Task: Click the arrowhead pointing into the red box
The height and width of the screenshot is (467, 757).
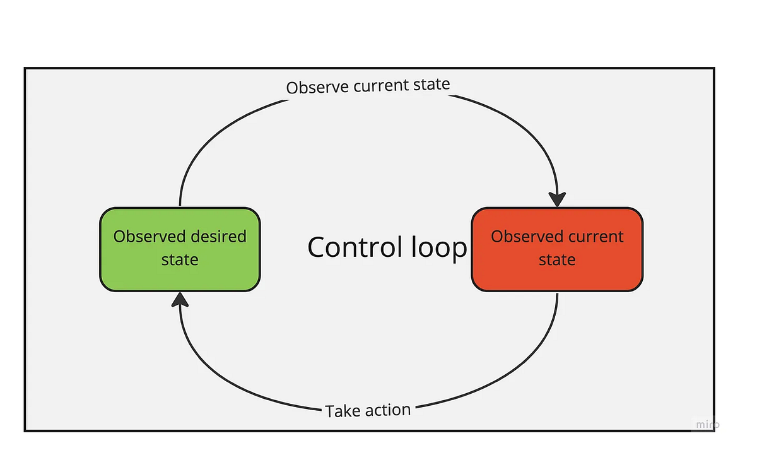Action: tap(558, 198)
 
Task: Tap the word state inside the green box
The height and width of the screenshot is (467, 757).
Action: tap(180, 260)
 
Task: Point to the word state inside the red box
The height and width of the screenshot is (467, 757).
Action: tap(557, 260)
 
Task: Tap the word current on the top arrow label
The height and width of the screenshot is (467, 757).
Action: tap(381, 85)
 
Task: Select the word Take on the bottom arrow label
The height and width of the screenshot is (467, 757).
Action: tap(343, 412)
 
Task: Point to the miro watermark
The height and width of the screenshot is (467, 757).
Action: tap(707, 425)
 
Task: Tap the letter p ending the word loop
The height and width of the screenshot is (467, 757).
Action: tap(459, 250)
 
